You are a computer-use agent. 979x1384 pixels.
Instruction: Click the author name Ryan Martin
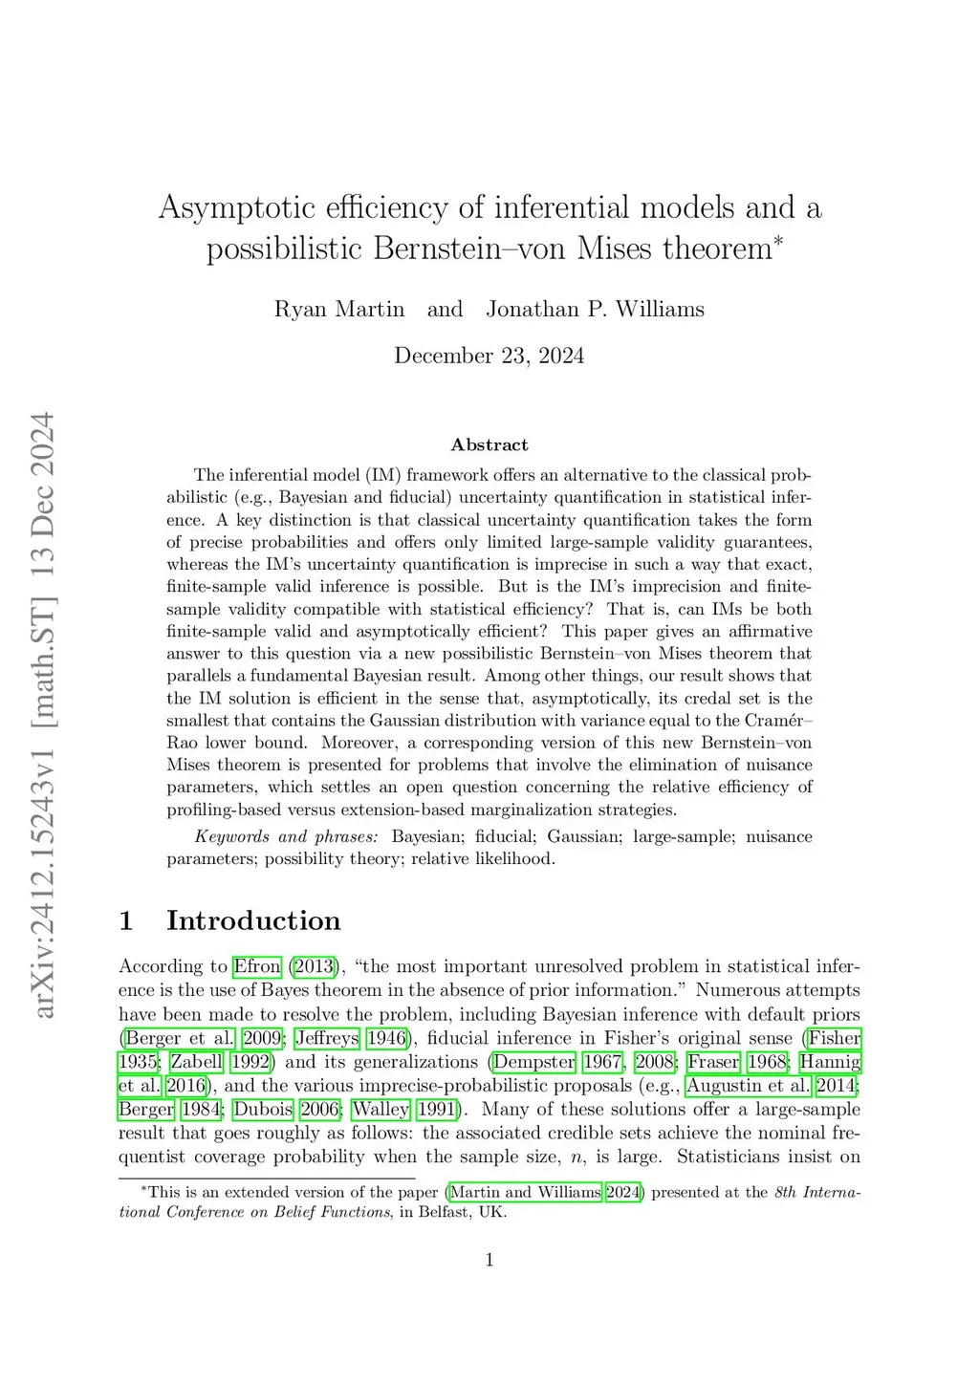coord(338,310)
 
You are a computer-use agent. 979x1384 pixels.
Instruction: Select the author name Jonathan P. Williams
coord(595,310)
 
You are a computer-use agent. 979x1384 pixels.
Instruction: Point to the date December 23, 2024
coord(489,357)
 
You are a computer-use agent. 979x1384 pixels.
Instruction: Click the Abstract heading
coord(489,445)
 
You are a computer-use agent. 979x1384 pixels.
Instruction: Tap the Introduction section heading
coord(253,921)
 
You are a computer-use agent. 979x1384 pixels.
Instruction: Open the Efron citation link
coord(257,966)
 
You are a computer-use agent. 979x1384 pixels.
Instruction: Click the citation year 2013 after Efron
coord(315,966)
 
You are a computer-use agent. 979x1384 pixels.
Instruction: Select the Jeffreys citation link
coord(327,1038)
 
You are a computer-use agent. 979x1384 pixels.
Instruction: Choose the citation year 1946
coord(386,1038)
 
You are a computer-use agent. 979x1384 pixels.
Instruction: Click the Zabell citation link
coord(196,1062)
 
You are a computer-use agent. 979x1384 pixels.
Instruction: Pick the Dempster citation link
coord(533,1062)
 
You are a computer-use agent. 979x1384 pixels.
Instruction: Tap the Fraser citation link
coord(713,1062)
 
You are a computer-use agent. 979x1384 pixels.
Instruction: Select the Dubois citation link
coord(262,1110)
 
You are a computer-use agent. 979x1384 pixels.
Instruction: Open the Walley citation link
coord(381,1110)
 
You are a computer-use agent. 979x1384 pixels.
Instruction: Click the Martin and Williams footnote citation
coord(525,1192)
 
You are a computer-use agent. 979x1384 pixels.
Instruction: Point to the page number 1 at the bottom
coord(489,1261)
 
